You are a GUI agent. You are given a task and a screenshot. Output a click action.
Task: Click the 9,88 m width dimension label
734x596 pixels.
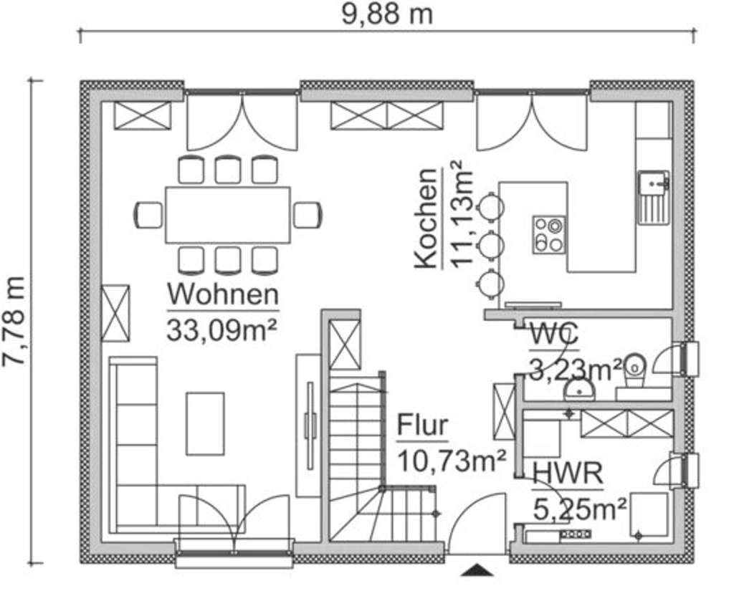386,14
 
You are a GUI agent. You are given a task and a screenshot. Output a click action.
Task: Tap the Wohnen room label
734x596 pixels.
222,294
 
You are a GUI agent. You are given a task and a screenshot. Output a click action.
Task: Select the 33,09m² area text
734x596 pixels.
222,330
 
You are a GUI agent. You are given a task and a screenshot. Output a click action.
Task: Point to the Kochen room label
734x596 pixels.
426,218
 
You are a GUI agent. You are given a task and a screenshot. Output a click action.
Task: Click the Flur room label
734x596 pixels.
423,425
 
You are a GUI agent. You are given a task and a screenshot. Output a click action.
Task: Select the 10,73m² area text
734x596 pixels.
452,460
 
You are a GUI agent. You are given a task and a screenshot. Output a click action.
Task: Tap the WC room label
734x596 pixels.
554,335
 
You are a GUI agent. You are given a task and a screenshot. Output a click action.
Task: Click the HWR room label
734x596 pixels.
567,474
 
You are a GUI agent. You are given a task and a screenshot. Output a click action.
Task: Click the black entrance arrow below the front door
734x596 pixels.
478,570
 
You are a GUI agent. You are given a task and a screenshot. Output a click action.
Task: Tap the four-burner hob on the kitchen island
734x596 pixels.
548,234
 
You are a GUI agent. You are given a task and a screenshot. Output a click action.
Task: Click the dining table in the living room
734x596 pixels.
228,215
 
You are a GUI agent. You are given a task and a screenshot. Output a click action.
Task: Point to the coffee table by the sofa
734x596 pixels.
205,423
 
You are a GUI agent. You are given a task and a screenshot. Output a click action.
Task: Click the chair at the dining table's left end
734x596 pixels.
148,215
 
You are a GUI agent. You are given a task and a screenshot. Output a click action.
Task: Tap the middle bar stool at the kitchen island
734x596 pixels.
491,245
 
